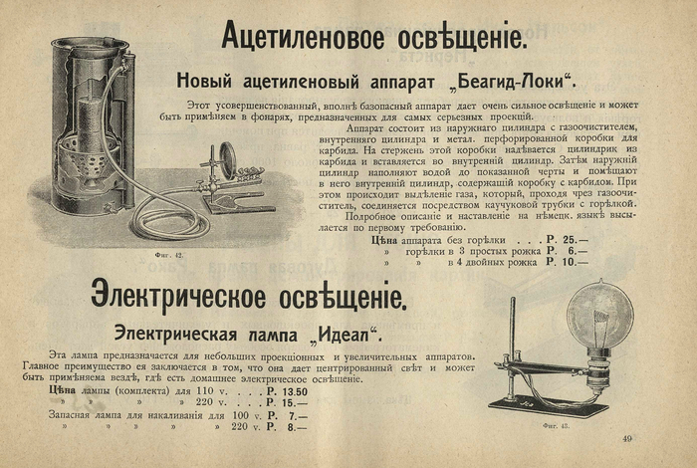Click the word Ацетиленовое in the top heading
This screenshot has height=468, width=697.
(303, 35)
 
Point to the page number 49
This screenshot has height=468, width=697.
(627, 439)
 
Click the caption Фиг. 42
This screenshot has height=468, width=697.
(169, 255)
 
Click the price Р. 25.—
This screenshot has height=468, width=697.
(568, 240)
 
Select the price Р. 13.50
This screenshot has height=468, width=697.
(287, 391)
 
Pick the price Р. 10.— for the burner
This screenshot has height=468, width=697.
(568, 262)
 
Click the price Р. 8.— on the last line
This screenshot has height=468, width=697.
(287, 427)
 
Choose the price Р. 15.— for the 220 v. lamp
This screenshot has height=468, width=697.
(287, 402)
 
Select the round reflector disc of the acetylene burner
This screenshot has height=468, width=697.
(228, 162)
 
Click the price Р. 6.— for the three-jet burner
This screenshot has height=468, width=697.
(568, 251)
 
